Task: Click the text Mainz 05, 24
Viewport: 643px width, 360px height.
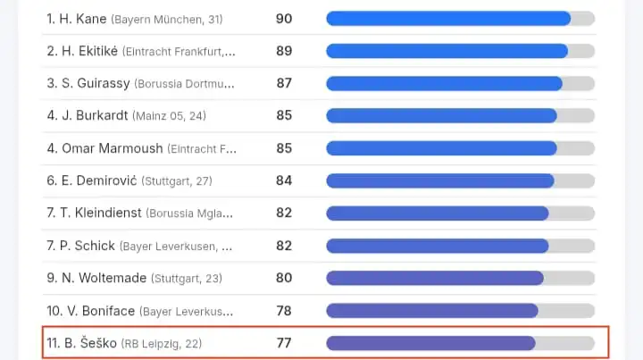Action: click(x=171, y=116)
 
